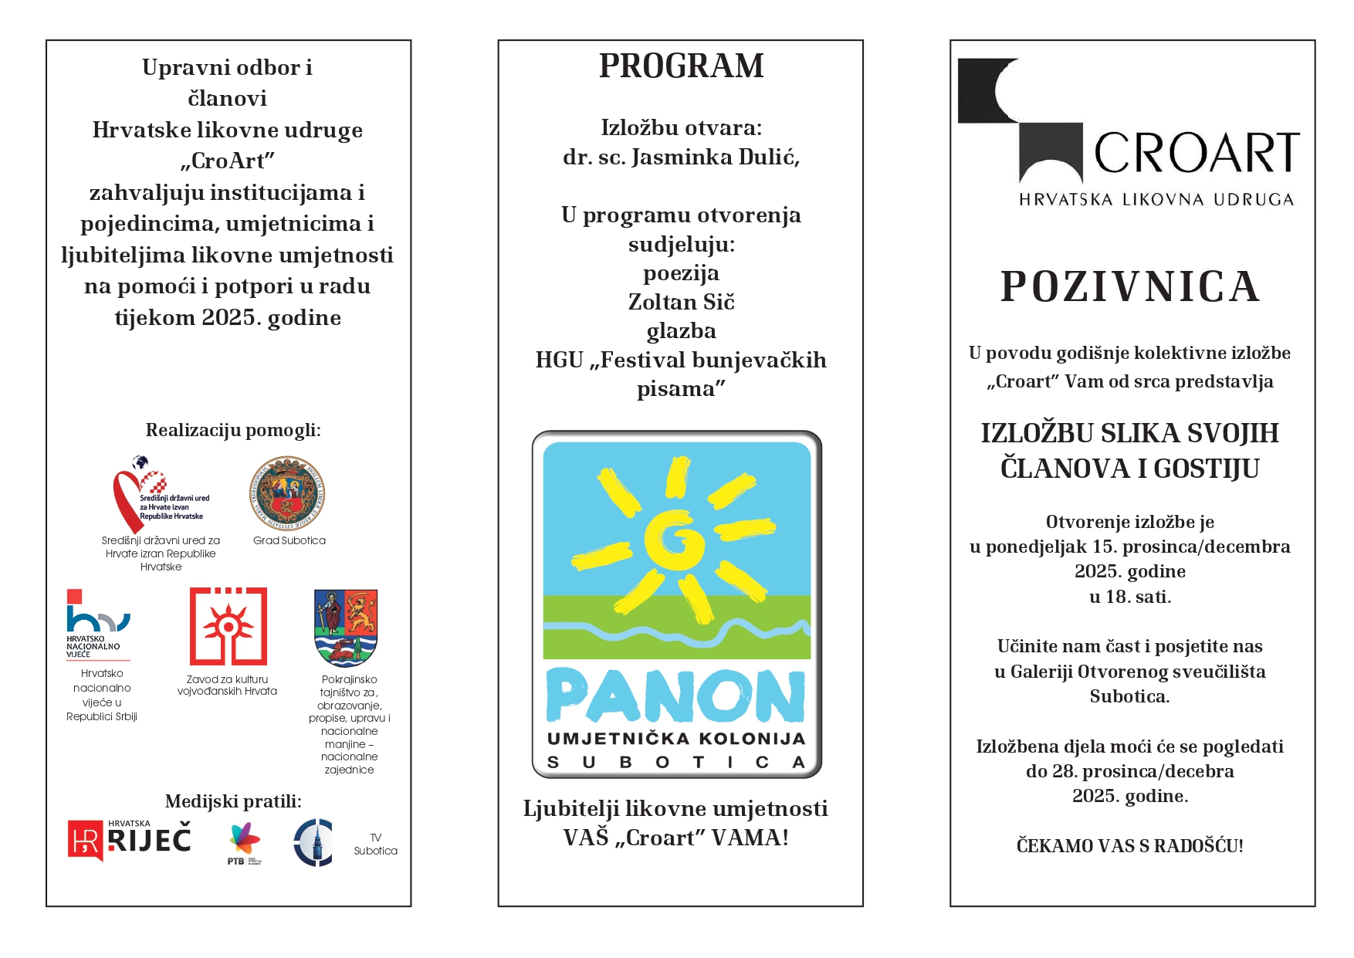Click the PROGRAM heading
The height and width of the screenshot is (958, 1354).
tap(681, 66)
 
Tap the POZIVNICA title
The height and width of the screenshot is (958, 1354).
tap(1130, 287)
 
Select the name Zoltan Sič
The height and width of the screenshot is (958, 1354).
tap(681, 302)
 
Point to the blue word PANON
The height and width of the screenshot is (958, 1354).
tap(676, 696)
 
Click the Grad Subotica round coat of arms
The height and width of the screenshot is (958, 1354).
tap(287, 493)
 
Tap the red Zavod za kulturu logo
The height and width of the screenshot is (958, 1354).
tap(228, 626)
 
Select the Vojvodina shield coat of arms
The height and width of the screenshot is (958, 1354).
tap(346, 627)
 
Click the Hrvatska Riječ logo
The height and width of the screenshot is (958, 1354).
tap(130, 840)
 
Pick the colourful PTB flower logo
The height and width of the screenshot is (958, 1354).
tap(245, 840)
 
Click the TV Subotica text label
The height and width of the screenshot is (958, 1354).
tap(376, 844)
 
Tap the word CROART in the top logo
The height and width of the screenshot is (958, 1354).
tap(1197, 153)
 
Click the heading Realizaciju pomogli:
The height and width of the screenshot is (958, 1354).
tap(233, 430)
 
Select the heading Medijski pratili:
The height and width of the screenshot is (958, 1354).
tap(233, 801)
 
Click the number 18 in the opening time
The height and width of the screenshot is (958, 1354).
tap(1115, 597)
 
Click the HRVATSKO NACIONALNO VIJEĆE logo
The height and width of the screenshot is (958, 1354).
tap(97, 624)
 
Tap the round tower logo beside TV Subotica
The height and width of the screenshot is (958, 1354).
tap(313, 842)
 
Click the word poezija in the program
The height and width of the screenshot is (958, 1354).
tap(681, 273)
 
